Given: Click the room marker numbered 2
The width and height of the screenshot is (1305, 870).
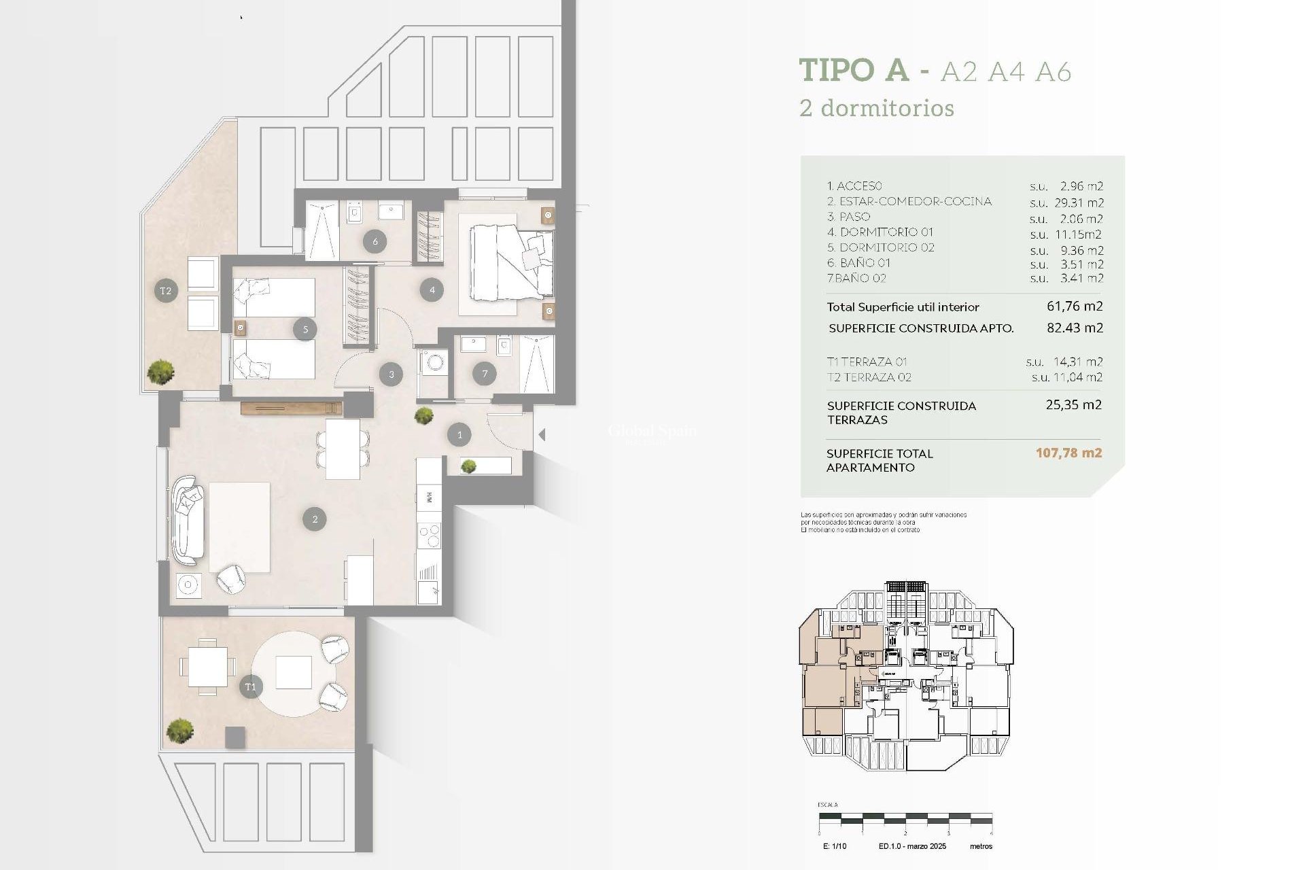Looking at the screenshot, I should tap(315, 519).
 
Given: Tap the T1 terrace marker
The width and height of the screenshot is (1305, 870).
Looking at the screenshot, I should tap(251, 686).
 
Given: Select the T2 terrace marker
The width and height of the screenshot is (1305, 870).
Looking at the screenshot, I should tap(166, 291).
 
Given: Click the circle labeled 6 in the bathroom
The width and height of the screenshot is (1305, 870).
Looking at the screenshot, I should tap(375, 241).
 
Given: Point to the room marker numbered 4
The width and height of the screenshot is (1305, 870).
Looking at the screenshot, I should tap(432, 290).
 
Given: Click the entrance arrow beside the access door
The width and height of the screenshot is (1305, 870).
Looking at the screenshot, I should tap(542, 434).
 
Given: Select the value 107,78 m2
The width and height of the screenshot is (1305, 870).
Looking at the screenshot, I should tap(1068, 453).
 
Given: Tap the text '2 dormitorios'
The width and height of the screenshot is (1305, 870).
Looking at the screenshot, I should tap(877, 108).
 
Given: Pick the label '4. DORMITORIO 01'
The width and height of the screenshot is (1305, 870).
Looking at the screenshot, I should tap(880, 232).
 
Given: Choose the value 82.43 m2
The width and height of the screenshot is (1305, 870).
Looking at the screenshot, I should tap(1075, 328).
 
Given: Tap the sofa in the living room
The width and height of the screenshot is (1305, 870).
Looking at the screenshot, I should tap(188, 520).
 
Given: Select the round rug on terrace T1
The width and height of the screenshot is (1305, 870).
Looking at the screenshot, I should tap(294, 674).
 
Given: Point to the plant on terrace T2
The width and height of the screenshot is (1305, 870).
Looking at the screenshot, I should tap(161, 371).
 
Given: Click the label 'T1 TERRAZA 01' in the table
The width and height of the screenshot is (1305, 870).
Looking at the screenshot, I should tap(867, 362).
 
